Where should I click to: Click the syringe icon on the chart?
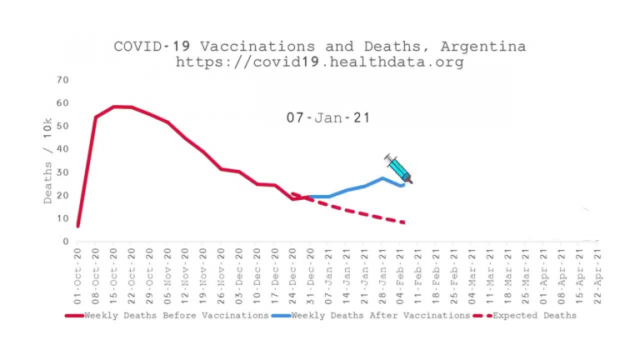click(398, 168)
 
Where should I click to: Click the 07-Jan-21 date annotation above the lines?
click(328, 118)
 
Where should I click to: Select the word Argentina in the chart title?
click(486, 47)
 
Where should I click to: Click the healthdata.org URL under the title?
click(320, 62)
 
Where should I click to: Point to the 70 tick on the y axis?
click(62, 80)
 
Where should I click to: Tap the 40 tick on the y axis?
click(62, 149)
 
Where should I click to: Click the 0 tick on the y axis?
click(66, 242)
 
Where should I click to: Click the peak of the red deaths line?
click(114, 107)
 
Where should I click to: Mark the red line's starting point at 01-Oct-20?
click(77, 226)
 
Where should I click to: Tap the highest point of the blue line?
click(382, 178)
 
